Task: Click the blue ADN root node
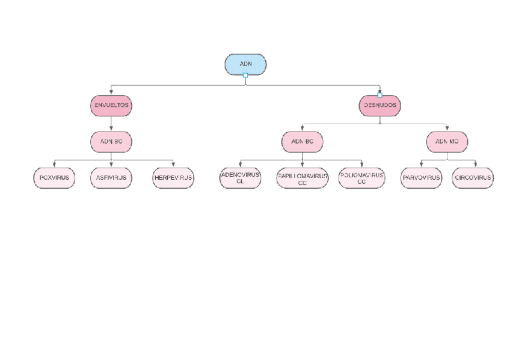(x=245, y=64)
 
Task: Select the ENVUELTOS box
(x=111, y=105)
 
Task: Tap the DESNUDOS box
(x=379, y=106)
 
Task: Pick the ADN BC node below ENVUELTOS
(x=111, y=142)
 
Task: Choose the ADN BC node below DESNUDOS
(x=302, y=142)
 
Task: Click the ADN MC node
(x=447, y=142)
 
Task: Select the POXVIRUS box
(x=54, y=178)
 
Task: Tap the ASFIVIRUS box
(x=111, y=178)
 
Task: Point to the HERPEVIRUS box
(x=173, y=178)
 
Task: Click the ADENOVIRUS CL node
(x=240, y=178)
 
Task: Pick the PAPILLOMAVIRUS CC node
(x=302, y=178)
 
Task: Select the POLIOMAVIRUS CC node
(x=361, y=178)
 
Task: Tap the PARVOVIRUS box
(x=421, y=178)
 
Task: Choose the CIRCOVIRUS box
(x=473, y=178)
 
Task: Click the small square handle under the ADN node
(x=245, y=76)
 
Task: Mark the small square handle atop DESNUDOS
(x=379, y=94)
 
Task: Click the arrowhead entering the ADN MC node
(x=447, y=128)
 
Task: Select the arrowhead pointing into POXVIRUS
(x=54, y=164)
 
